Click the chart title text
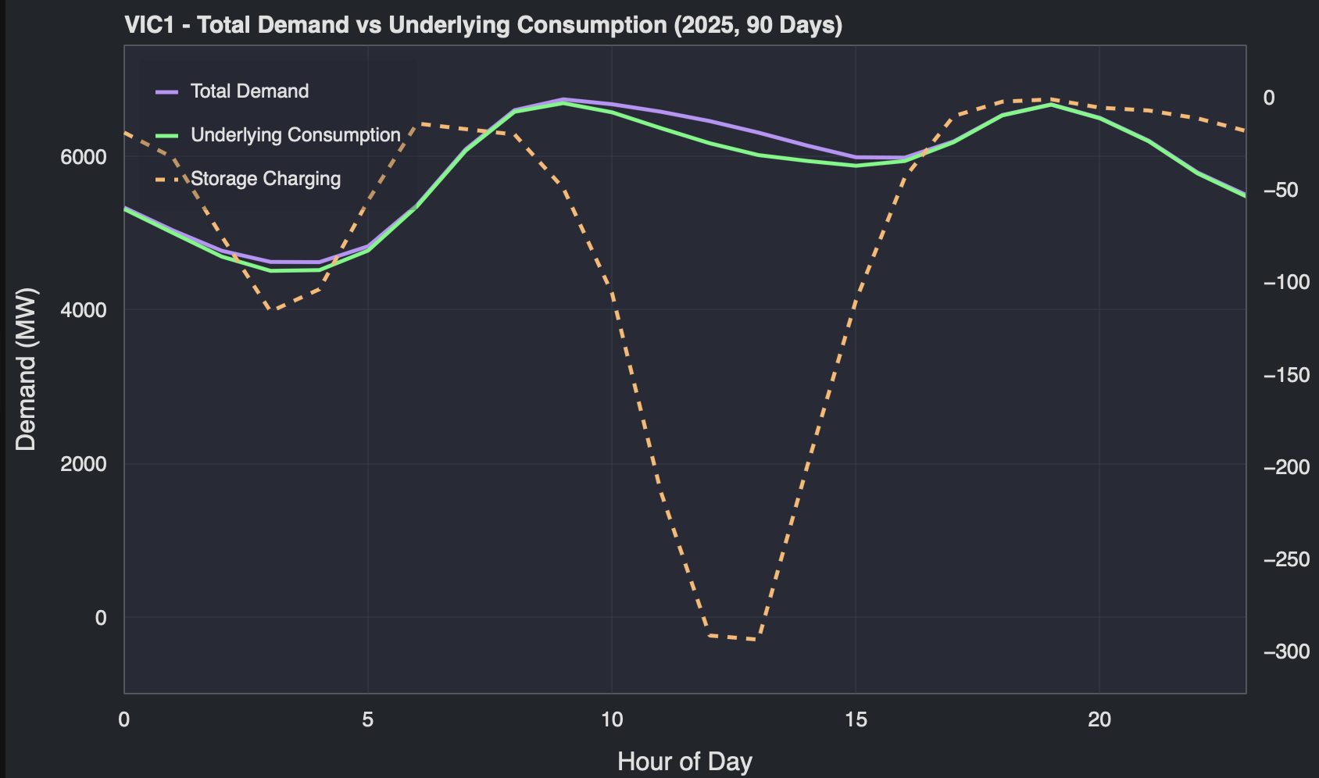point(483,25)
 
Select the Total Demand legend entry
point(249,91)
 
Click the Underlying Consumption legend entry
point(295,135)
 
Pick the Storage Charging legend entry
point(266,179)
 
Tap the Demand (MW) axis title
point(26,369)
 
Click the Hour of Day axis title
point(685,761)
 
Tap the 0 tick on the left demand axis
point(101,618)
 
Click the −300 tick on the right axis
point(1286,651)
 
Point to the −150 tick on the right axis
point(1286,375)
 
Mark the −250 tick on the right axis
point(1286,559)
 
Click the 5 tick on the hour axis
point(368,719)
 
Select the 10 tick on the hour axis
point(612,719)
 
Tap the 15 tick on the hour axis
point(856,719)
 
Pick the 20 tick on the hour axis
point(1099,719)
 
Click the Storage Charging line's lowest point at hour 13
point(754,640)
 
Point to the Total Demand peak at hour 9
point(563,99)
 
